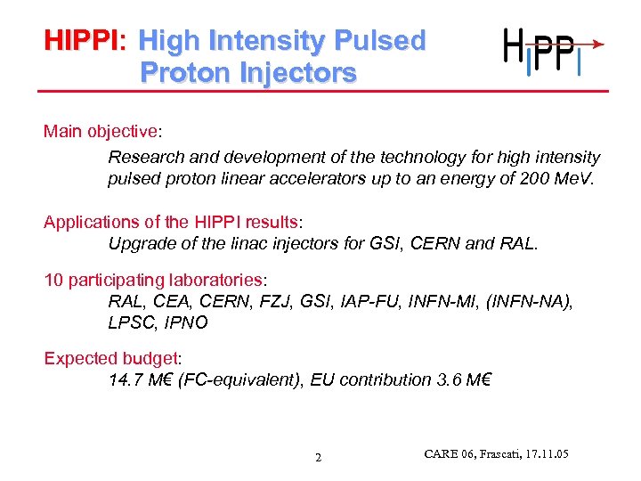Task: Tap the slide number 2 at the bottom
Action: pyautogui.click(x=318, y=459)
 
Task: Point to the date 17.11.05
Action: pyautogui.click(x=544, y=455)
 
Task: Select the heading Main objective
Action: pyautogui.click(x=100, y=132)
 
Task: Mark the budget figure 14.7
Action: pyautogui.click(x=124, y=380)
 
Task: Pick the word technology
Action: pyautogui.click(x=423, y=158)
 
